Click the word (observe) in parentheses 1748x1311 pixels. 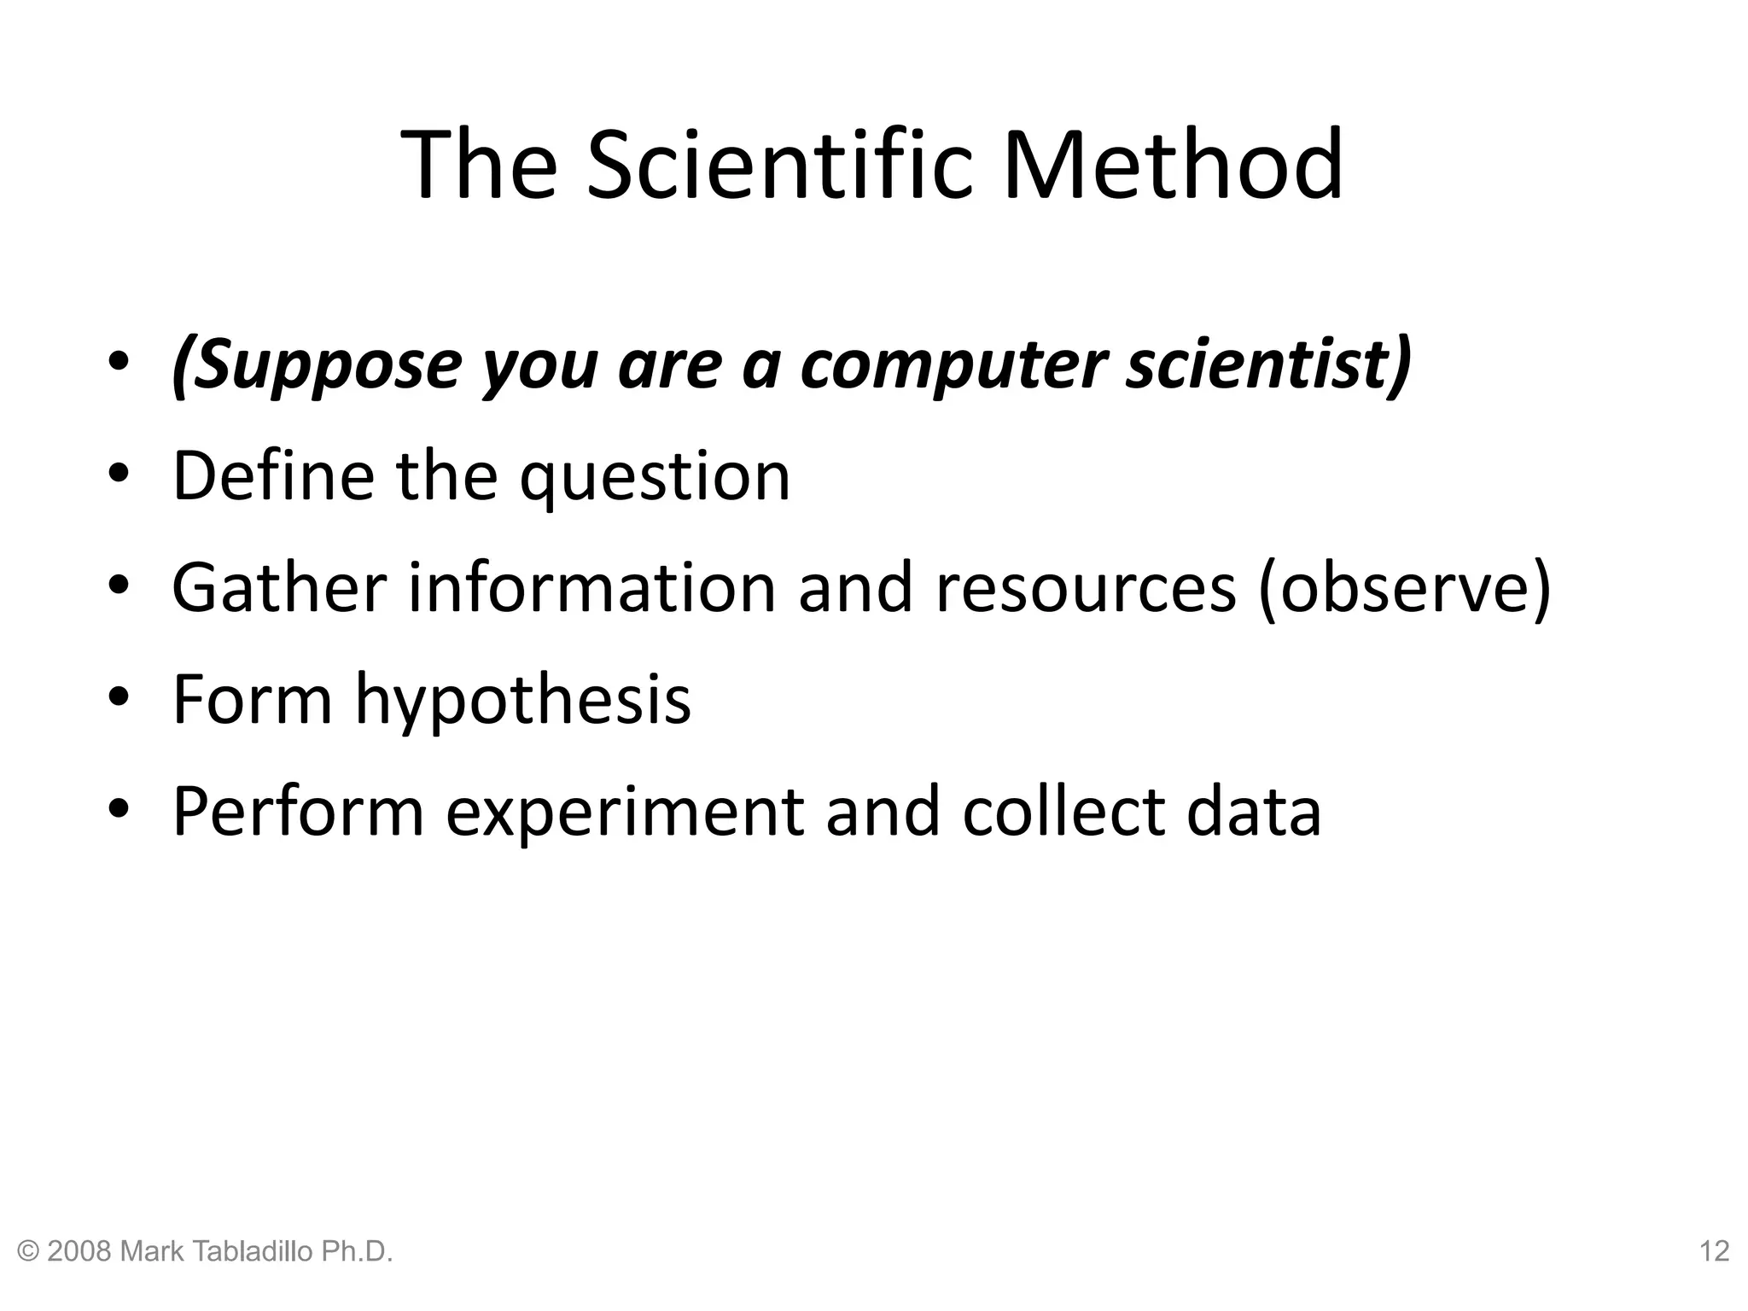point(1404,589)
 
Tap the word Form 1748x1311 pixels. point(253,699)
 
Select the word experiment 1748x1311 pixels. point(624,813)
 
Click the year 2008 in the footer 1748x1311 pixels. point(80,1251)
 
